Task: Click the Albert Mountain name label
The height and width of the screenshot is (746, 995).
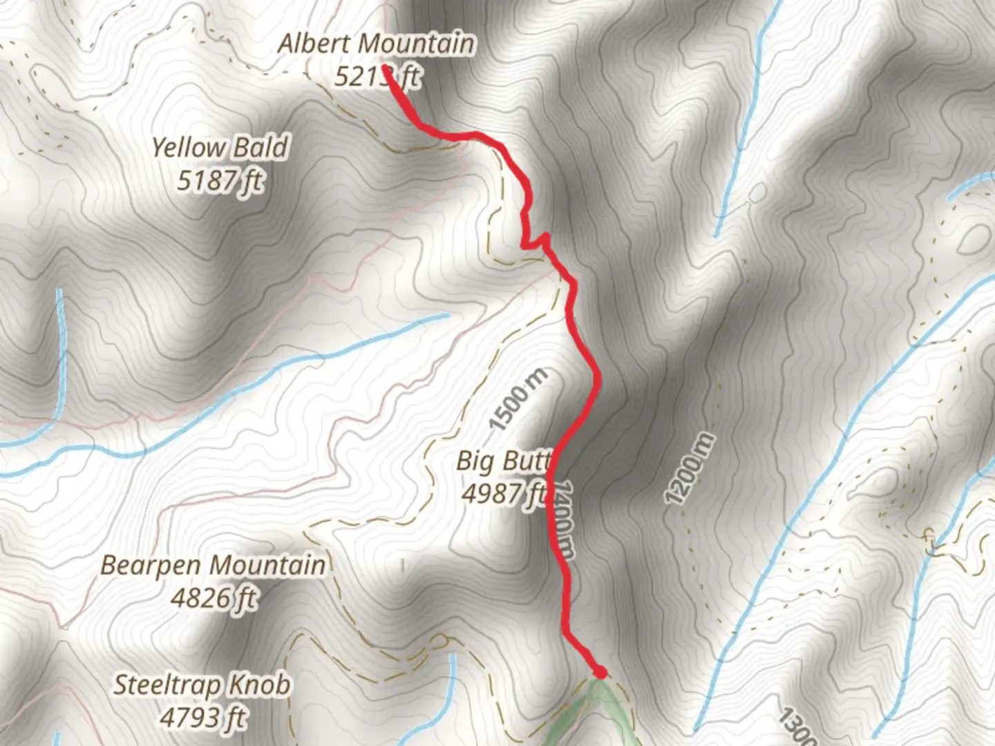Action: (x=377, y=44)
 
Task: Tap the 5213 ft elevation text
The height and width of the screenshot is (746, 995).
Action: (x=377, y=76)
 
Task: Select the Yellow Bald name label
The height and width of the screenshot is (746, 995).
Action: (x=220, y=148)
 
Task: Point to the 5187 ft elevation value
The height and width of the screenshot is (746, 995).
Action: (x=220, y=180)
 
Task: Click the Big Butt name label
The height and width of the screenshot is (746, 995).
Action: (x=503, y=461)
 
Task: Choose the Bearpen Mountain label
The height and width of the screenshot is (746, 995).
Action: (x=213, y=565)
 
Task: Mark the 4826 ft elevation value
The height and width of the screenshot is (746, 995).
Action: (x=213, y=597)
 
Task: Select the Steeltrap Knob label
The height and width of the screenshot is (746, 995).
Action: (x=202, y=685)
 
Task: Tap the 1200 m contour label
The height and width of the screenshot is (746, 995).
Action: (x=688, y=469)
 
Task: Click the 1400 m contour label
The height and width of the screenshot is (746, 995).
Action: (x=564, y=519)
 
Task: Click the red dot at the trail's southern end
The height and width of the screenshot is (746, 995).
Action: (x=600, y=671)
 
